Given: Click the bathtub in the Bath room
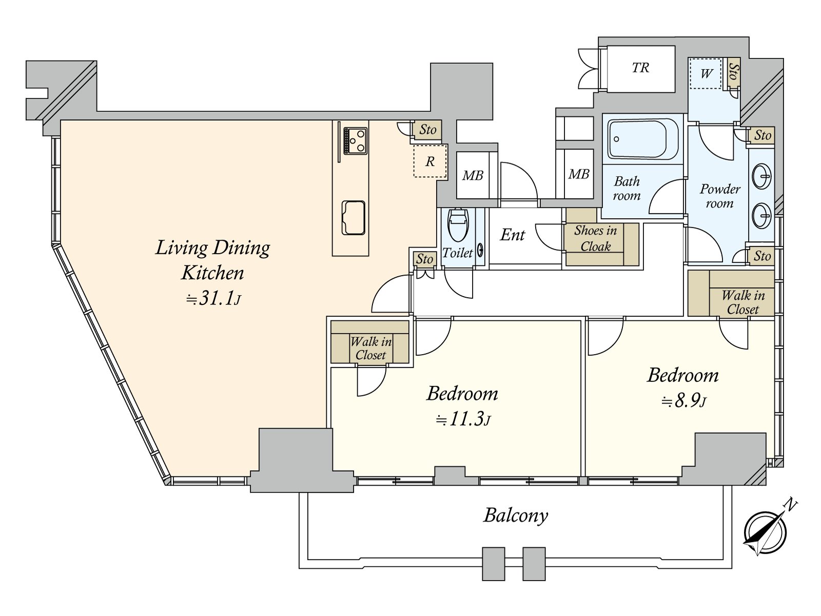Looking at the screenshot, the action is point(642,139).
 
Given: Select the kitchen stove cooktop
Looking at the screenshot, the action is point(355,140).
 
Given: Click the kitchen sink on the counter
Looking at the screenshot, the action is point(353,218).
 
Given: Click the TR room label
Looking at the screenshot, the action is point(640,68).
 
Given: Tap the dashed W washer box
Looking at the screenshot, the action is point(705,74).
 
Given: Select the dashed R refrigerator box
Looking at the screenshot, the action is point(430,161).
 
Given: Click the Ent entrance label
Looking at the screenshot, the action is point(513,235).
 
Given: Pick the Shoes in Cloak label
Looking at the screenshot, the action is point(595,238).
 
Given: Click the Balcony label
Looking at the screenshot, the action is point(516,516).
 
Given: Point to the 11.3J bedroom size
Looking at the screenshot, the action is point(463,419).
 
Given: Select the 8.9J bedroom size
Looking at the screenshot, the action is point(683,401).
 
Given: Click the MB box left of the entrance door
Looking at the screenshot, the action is point(473,175).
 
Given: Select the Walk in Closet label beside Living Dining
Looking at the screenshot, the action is point(370,348).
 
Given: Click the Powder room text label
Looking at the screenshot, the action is point(720,196).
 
